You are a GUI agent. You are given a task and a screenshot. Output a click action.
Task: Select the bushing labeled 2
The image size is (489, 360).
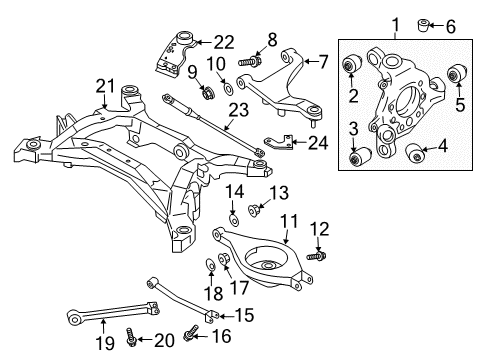(x=352, y=67)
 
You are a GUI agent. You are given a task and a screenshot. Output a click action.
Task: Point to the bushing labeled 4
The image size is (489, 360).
(x=417, y=152)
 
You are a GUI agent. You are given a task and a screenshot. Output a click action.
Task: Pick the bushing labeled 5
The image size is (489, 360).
(x=460, y=71)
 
